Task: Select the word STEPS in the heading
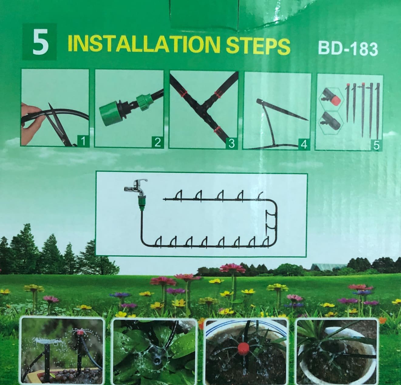pos(258,47)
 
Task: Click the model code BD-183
pos(348,49)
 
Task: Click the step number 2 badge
pos(158,142)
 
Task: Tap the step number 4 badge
pos(304,144)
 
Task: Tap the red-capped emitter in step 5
pos(331,100)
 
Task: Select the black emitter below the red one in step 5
pos(331,121)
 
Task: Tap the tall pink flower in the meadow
pos(233,269)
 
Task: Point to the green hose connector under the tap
pos(141,203)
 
